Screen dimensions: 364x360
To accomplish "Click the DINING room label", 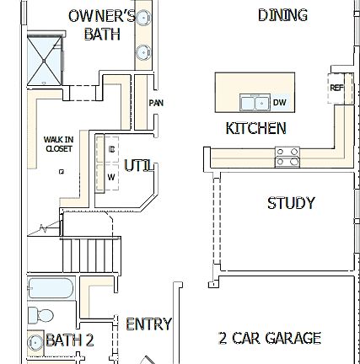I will click(282, 15).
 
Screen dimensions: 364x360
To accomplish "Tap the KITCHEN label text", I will click(255, 129).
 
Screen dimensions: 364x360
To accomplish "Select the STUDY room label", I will click(291, 204).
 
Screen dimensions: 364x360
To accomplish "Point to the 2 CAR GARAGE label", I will click(269, 339).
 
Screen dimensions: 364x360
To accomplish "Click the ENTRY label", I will click(148, 324).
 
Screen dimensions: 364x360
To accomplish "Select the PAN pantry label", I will click(156, 103).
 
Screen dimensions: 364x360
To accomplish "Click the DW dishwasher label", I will click(279, 103).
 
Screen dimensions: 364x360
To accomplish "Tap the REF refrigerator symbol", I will click(336, 87).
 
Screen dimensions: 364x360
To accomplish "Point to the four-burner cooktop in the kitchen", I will click(287, 156).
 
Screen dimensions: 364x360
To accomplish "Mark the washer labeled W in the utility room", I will click(111, 178).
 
